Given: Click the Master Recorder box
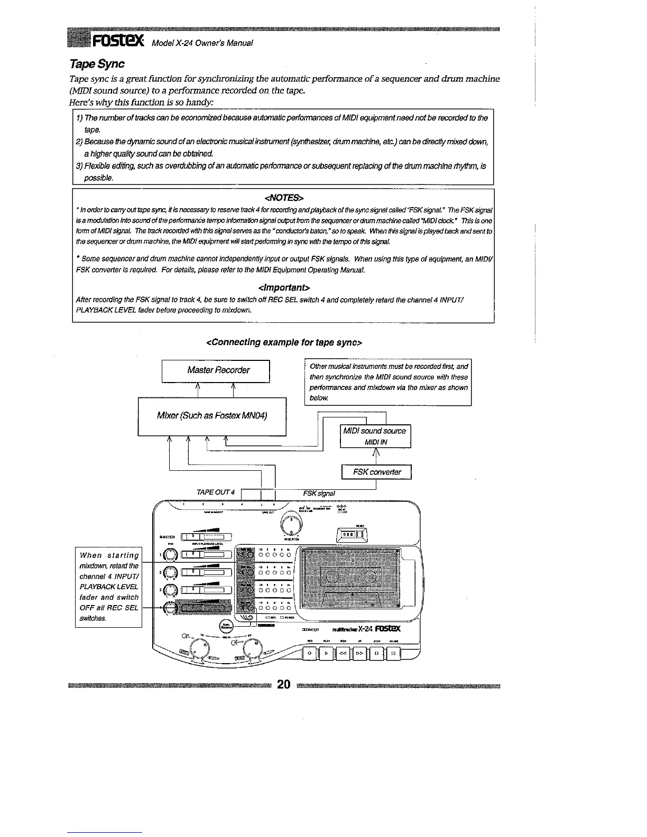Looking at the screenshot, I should [216, 370].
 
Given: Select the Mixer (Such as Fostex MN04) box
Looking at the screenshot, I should [212, 416].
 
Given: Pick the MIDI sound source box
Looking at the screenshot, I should [375, 436].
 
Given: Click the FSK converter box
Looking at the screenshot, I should [376, 472].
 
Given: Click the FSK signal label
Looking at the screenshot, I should [319, 493].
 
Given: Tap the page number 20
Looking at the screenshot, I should [284, 685].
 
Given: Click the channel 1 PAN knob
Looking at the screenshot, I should [170, 555].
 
